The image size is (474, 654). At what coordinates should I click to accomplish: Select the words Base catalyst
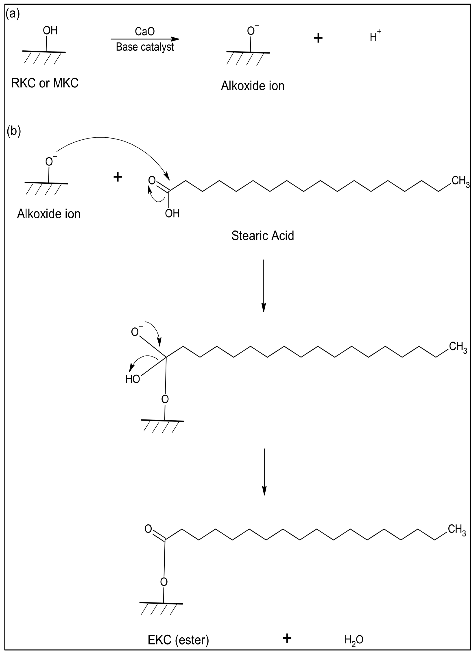tap(145, 47)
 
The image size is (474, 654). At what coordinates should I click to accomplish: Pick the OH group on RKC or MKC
tap(50, 30)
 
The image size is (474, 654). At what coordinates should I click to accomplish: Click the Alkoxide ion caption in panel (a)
tap(253, 86)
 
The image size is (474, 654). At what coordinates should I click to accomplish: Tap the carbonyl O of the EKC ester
tap(148, 529)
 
